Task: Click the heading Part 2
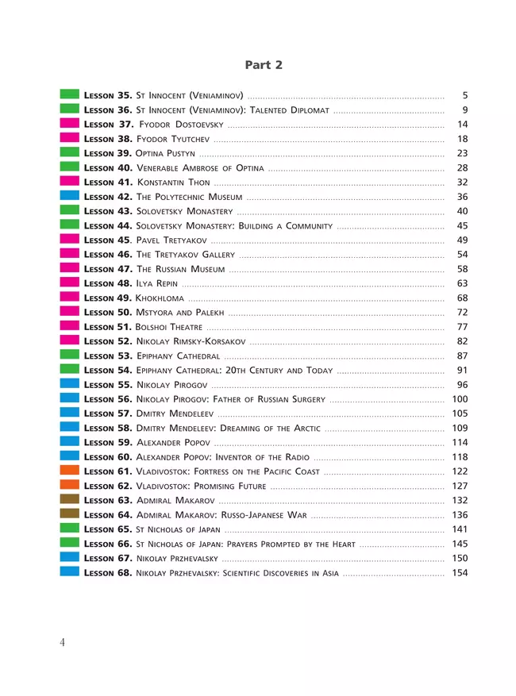point(263,65)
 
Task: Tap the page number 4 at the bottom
point(62,643)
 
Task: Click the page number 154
point(460,572)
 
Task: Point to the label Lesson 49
point(108,298)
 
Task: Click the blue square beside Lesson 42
point(69,195)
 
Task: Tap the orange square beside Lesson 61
point(69,471)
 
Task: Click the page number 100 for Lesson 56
point(460,398)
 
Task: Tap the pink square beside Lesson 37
point(69,123)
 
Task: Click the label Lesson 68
point(108,572)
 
